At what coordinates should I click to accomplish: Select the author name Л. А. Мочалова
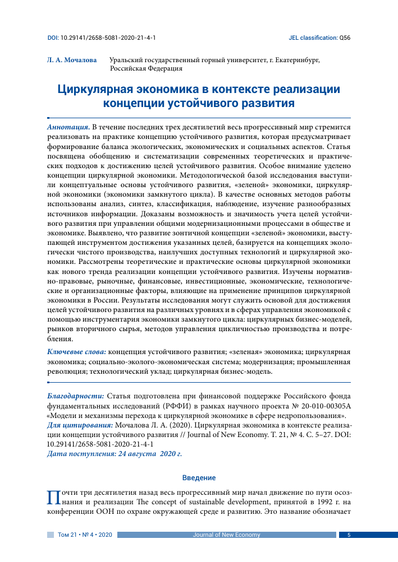71,59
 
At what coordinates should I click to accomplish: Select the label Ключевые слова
76,351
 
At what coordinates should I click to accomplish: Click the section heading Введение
199,477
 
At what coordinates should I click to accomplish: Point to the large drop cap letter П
54,497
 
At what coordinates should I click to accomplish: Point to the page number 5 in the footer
349,535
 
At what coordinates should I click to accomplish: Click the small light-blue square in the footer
50,535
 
